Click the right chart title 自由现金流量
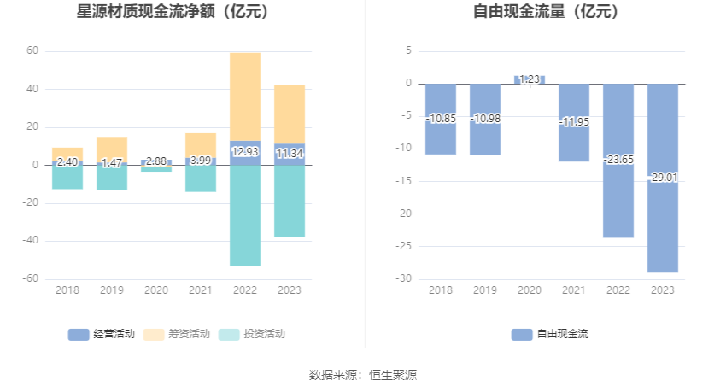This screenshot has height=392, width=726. [547, 12]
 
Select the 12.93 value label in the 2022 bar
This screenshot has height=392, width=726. [245, 152]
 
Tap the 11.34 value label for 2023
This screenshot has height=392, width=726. [290, 154]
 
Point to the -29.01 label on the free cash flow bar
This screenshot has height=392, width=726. [663, 178]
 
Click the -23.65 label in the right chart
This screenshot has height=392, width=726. [618, 159]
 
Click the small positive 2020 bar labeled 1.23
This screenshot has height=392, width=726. [530, 79]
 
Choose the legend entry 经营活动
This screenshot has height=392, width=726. [102, 334]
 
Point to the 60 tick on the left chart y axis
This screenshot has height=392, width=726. [32, 51]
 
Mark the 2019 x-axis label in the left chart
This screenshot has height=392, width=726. [112, 290]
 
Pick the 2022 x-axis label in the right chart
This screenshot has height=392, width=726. [618, 290]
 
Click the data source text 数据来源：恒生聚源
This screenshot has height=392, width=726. [363, 374]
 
